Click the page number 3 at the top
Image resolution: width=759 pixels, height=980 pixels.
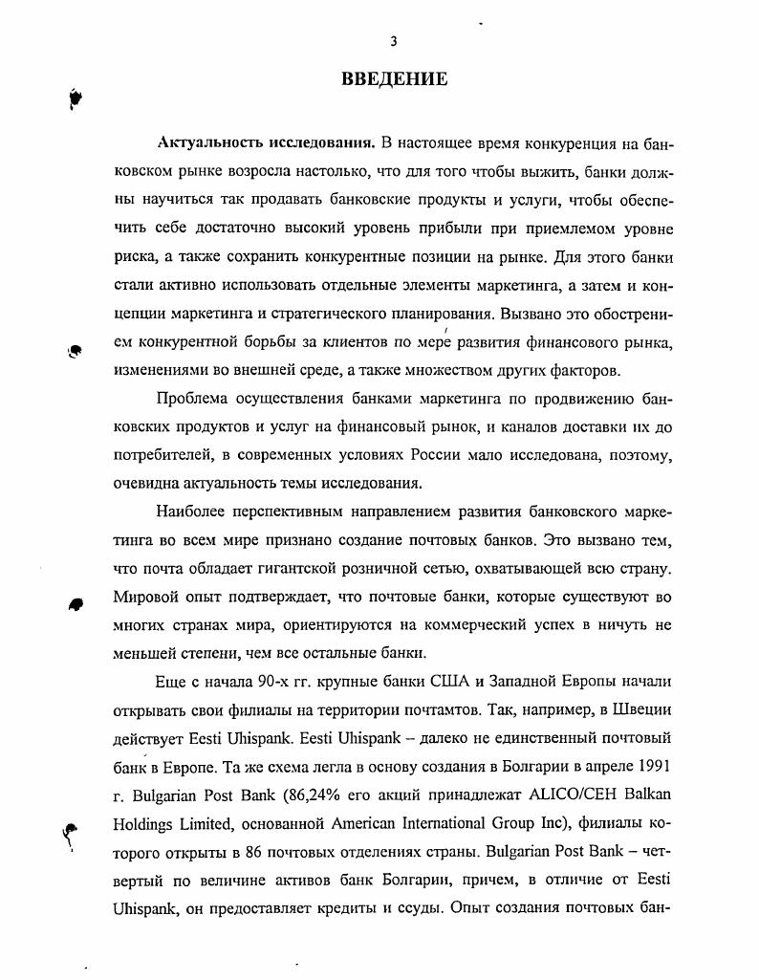click(x=393, y=41)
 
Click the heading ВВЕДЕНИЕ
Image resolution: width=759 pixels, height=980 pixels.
click(x=394, y=78)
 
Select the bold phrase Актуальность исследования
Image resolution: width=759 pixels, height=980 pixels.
click(x=265, y=143)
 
